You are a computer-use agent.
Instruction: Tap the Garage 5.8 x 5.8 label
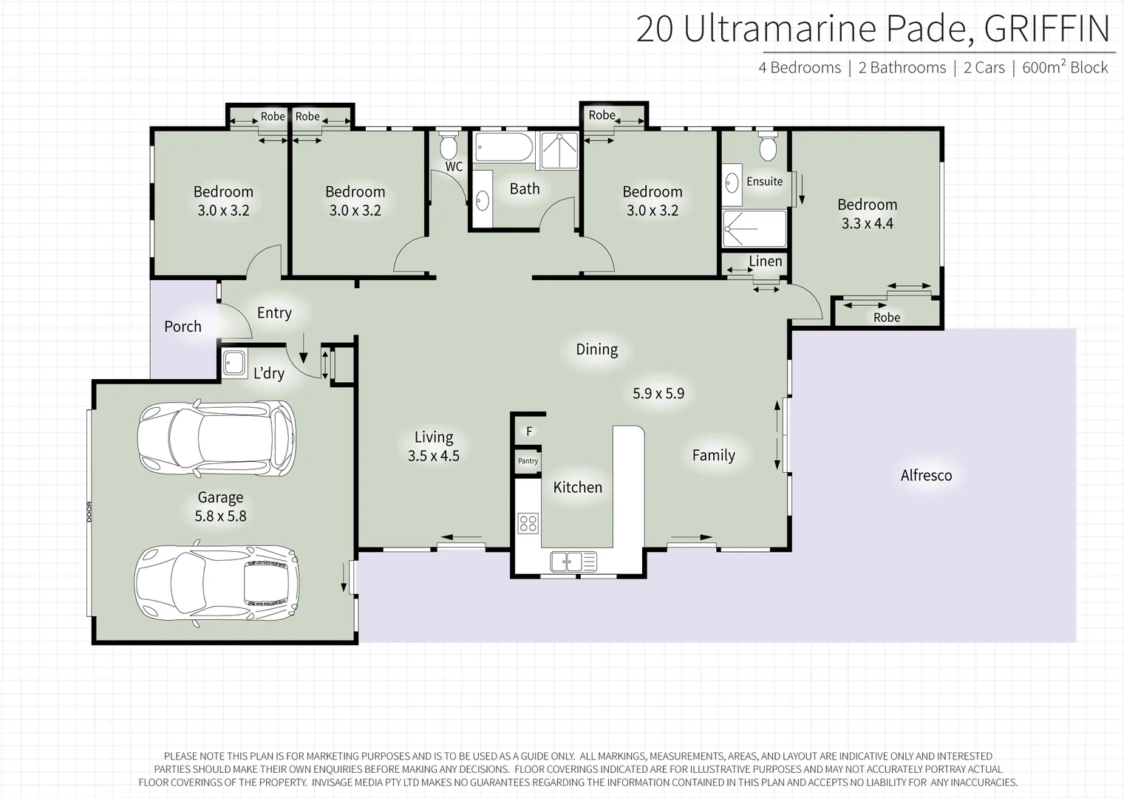(x=220, y=507)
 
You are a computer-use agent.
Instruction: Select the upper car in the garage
(x=217, y=439)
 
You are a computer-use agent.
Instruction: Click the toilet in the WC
(x=449, y=146)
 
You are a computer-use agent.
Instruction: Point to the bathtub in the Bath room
(x=503, y=148)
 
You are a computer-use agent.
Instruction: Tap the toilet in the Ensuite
(x=768, y=147)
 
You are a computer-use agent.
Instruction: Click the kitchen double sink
(x=573, y=562)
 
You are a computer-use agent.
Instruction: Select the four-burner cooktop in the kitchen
(x=528, y=523)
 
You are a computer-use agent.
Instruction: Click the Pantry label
(x=528, y=461)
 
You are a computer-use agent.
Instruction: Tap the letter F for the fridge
(x=529, y=432)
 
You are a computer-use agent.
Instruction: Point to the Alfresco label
(x=926, y=475)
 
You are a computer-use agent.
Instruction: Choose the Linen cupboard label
(x=765, y=262)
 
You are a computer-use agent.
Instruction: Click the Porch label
(x=183, y=327)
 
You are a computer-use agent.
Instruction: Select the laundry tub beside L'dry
(x=235, y=364)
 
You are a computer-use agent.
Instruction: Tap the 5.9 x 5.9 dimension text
(x=658, y=394)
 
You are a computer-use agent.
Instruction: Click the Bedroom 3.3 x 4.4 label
(x=867, y=214)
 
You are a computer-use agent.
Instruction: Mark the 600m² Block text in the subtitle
(x=1065, y=67)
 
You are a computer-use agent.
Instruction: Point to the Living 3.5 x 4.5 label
(x=434, y=446)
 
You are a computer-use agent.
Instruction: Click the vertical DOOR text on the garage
(x=89, y=512)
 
